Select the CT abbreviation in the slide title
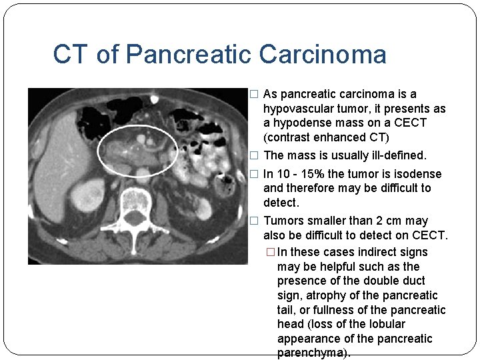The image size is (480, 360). tap(71, 55)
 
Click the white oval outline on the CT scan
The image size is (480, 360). tap(98, 151)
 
